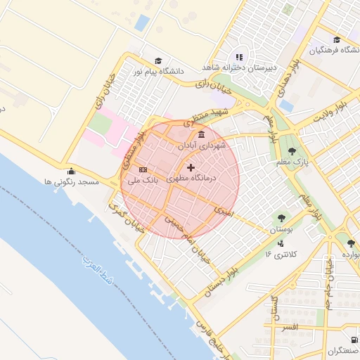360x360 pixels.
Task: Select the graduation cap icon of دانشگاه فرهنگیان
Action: click(x=337, y=39)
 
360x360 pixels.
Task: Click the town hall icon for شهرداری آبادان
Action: click(x=202, y=134)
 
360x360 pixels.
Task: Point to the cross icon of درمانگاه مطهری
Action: click(x=191, y=168)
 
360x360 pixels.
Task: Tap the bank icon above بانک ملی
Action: click(x=143, y=169)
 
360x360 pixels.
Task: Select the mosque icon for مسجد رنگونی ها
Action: click(x=70, y=171)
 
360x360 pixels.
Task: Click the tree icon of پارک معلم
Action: click(x=292, y=151)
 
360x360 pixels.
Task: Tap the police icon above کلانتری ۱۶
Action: click(x=281, y=243)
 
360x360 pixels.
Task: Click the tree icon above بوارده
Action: click(x=350, y=243)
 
